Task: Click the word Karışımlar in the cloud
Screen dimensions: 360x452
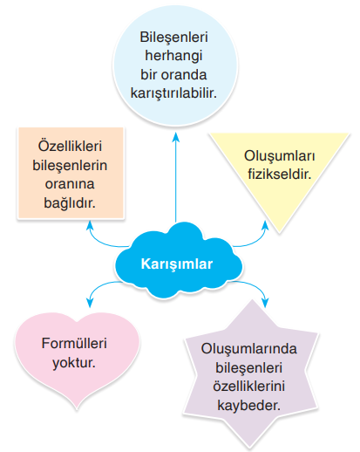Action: coord(177,264)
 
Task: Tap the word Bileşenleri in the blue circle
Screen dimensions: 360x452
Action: coord(173,38)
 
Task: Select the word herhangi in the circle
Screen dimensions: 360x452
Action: coord(173,56)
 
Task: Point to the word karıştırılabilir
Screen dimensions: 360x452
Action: coord(173,93)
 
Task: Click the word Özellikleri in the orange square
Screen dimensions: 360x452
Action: coord(70,146)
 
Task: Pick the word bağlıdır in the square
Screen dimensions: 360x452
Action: coord(70,202)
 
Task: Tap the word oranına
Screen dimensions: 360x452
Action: coord(70,184)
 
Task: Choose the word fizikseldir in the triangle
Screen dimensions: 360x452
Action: coord(280,175)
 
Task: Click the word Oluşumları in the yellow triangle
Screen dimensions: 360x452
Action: coord(280,157)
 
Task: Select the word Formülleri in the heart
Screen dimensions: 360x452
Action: coord(74,344)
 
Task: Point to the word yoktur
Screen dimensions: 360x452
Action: coord(74,363)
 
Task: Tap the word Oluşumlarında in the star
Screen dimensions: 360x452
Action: coord(249,349)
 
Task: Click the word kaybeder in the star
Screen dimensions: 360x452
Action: coord(249,405)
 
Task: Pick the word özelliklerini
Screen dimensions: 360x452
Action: coord(249,387)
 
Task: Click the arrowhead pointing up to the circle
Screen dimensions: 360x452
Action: coord(175,137)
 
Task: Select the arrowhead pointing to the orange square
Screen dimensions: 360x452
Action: coord(90,225)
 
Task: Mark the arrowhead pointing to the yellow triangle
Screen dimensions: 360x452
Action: coord(265,225)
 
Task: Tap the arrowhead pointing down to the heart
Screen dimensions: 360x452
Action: coord(90,303)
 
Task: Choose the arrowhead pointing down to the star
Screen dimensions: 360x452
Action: coord(265,303)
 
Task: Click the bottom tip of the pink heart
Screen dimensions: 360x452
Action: coord(77,408)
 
